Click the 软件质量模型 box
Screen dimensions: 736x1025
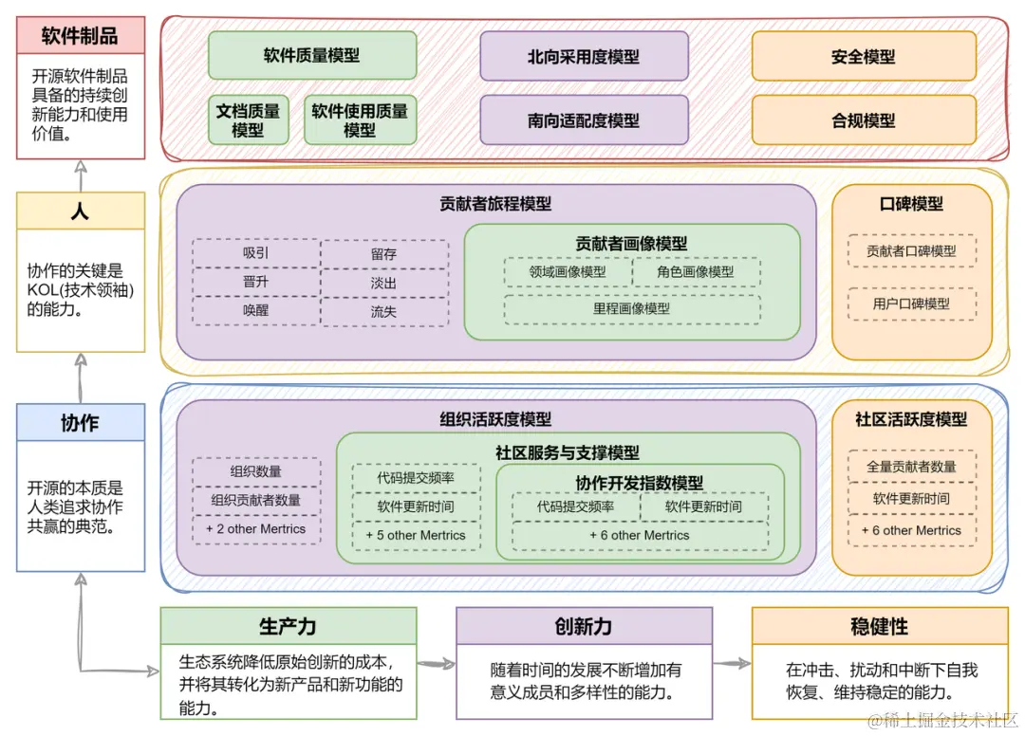[311, 56]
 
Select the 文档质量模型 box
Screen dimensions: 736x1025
[248, 120]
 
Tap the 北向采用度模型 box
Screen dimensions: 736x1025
[584, 57]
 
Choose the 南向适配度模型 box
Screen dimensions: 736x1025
[584, 120]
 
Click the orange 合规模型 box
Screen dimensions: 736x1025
[863, 120]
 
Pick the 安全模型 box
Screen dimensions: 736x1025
[863, 57]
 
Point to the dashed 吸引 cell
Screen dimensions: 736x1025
[256, 253]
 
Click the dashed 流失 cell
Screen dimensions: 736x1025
[383, 311]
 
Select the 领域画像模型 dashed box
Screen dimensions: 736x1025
[568, 272]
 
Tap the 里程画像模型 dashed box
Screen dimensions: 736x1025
[631, 308]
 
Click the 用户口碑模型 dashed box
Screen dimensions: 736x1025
[911, 304]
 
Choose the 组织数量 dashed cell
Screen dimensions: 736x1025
[256, 471]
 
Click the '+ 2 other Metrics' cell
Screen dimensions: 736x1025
[256, 528]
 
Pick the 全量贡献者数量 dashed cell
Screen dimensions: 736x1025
[911, 467]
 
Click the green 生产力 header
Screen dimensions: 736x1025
[288, 626]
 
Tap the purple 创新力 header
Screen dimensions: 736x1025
[584, 626]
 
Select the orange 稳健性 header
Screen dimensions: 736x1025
[880, 626]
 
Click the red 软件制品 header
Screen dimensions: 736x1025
[80, 36]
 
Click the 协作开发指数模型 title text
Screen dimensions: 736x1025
[640, 483]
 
